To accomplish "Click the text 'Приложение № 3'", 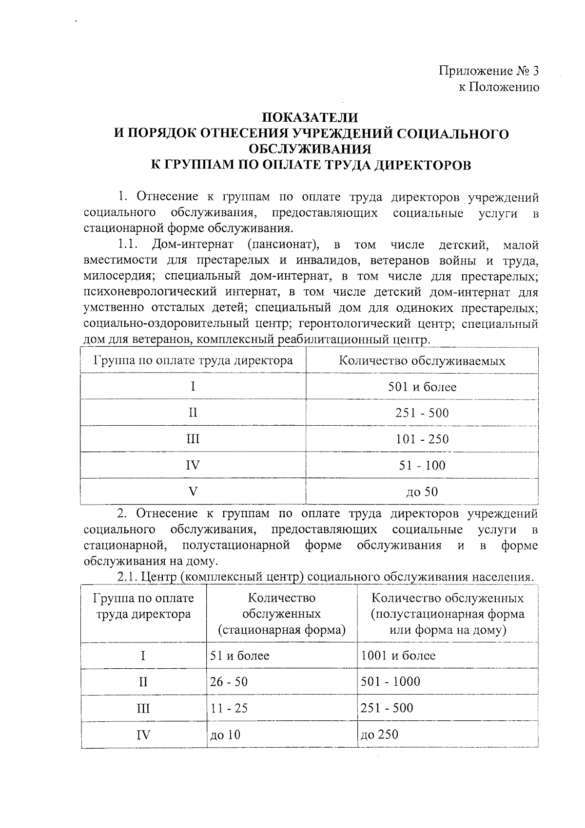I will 488,71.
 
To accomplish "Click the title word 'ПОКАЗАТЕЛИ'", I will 310,118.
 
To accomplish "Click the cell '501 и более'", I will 422,387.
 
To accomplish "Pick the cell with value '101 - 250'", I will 422,439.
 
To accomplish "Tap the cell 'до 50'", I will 422,492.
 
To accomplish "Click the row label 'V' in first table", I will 193,492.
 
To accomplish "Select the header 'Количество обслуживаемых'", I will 422,361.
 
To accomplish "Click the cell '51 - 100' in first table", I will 422,466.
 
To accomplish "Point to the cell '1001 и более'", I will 398,656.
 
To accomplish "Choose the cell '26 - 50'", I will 229,682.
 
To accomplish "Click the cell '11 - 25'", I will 229,708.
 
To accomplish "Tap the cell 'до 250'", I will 379,734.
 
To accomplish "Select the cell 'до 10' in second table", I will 225,734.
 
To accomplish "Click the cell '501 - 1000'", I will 390,682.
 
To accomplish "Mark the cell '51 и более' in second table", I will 239,656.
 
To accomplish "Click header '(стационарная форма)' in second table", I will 282,630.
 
